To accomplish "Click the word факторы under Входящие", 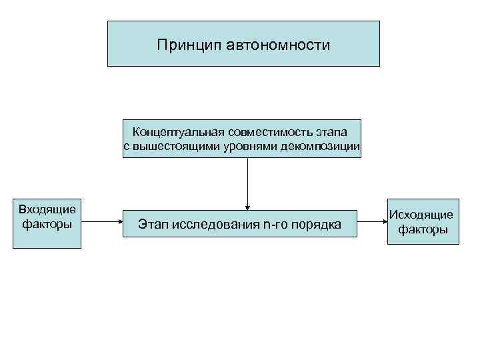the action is point(47,224).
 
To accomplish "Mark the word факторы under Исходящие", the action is point(423,230).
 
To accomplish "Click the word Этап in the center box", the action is point(153,225).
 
